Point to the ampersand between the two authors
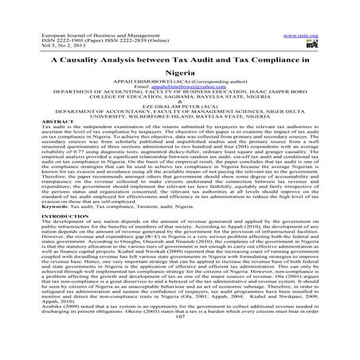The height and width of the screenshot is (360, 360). coord(179,113)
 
